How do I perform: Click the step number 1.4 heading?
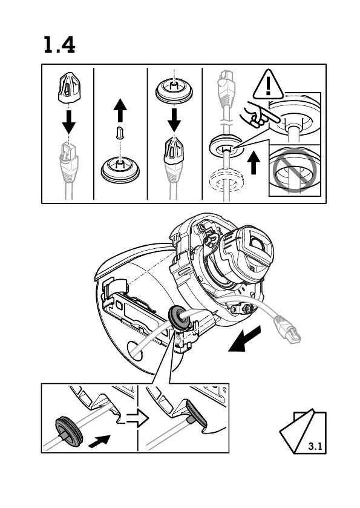click(59, 45)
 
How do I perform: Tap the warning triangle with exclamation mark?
click(268, 85)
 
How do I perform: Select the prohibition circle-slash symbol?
click(294, 170)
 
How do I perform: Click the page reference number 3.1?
click(315, 446)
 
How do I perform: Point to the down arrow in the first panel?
click(68, 122)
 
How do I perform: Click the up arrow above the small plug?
click(120, 110)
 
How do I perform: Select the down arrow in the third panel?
click(174, 120)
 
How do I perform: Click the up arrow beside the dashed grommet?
click(254, 163)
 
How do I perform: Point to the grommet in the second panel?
click(120, 169)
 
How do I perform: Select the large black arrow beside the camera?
click(244, 339)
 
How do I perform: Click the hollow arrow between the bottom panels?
click(137, 418)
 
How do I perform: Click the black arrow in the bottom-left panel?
click(99, 441)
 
